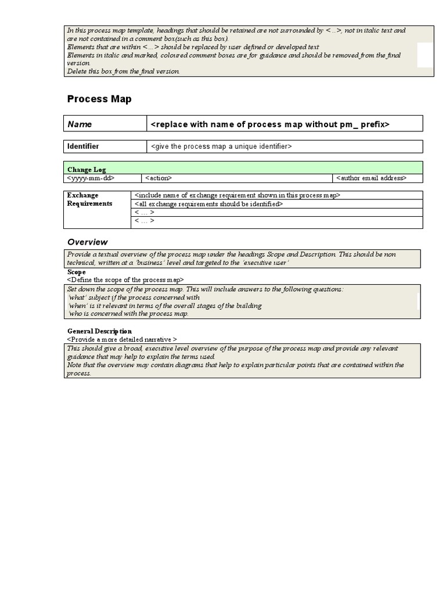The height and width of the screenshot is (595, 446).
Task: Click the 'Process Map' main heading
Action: [99, 99]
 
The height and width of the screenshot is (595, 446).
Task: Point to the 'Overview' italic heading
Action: [87, 242]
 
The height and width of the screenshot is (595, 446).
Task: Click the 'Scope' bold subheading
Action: [76, 272]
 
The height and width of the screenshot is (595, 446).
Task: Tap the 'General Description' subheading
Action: [99, 331]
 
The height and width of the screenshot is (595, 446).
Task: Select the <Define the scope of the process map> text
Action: [125, 280]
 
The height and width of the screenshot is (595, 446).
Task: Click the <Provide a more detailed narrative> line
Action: [122, 339]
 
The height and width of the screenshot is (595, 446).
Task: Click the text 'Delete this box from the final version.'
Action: [124, 71]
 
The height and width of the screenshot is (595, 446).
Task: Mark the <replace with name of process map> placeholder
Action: [269, 124]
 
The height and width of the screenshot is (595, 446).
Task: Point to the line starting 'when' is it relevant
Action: [165, 306]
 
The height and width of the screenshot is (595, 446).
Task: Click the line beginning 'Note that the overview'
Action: [235, 365]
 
